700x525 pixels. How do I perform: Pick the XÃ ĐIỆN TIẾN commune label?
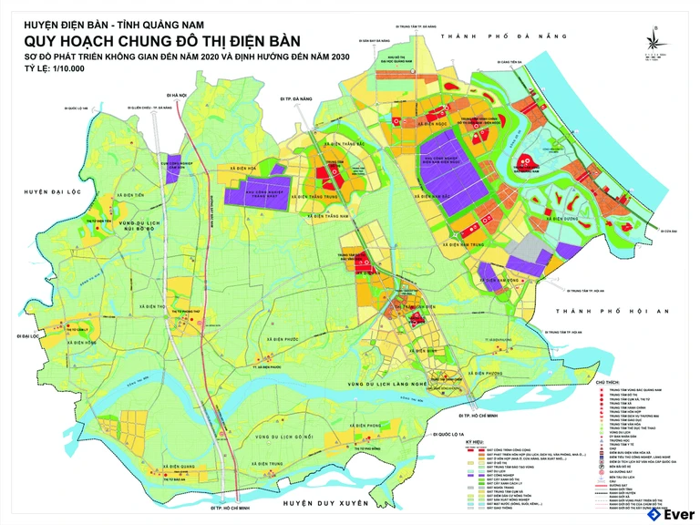click(x=129, y=195)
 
